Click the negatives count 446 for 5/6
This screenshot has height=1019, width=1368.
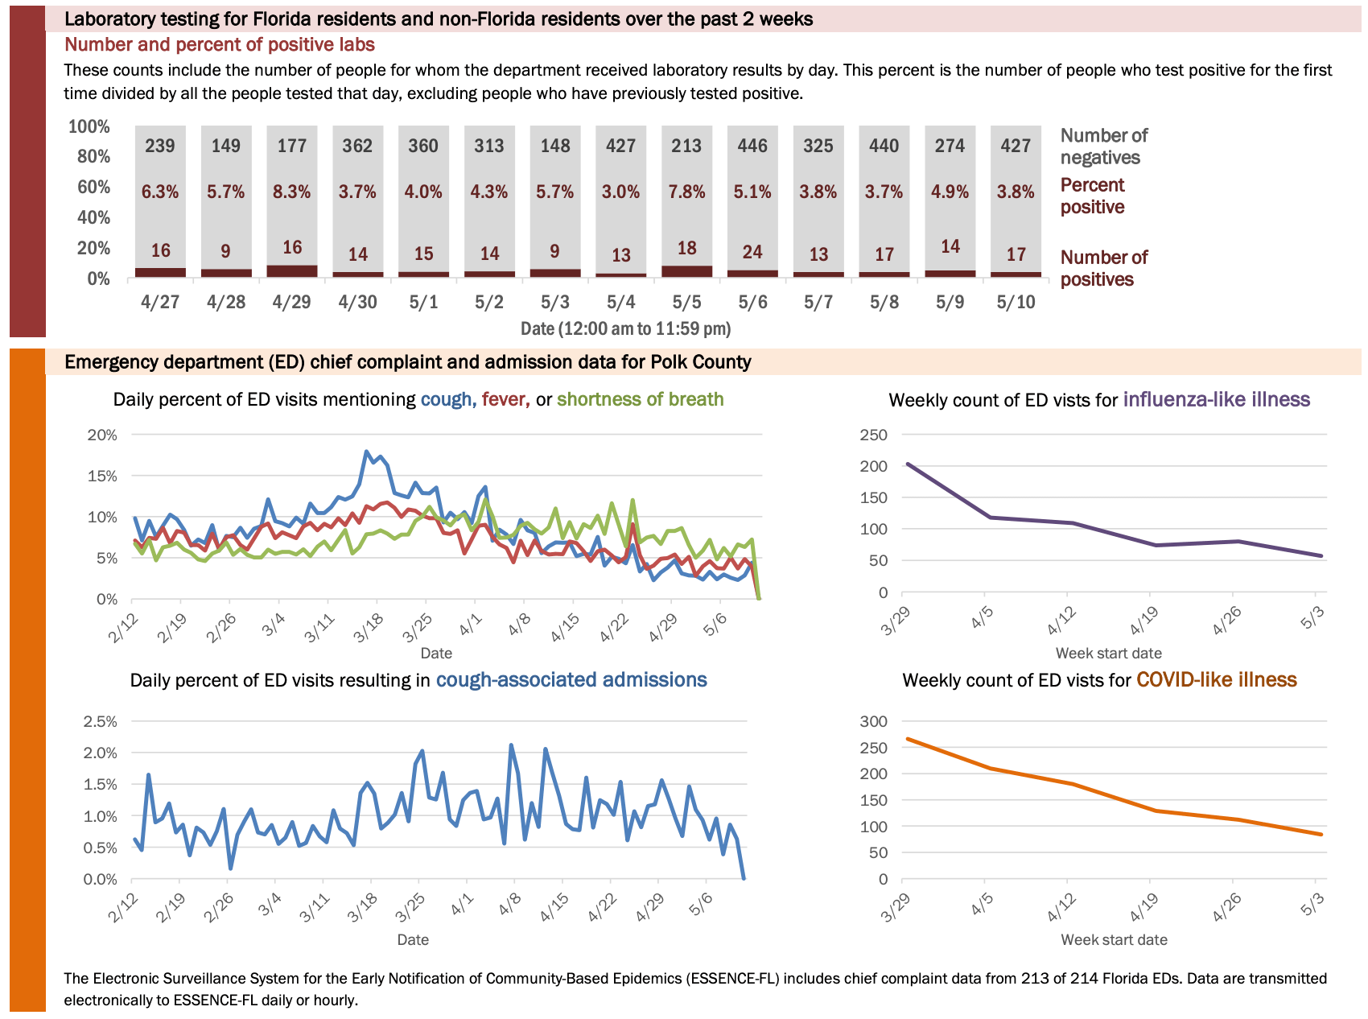(752, 146)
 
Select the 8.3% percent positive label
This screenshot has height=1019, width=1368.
(292, 192)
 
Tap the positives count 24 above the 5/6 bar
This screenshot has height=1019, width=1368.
(752, 252)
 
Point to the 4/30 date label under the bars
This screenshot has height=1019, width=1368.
(357, 302)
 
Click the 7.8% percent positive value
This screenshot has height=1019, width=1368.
(686, 192)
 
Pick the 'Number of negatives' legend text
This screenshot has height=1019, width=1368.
(1103, 146)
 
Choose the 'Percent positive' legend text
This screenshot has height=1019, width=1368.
(1092, 196)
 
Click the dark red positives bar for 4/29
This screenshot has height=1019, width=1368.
(292, 271)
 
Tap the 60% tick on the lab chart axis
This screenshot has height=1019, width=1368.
(93, 187)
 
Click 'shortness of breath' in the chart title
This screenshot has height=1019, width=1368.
(640, 399)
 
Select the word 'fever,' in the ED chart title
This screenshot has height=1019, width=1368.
(505, 399)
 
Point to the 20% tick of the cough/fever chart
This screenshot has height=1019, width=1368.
(102, 435)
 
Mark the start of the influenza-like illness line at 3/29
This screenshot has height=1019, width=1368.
(907, 464)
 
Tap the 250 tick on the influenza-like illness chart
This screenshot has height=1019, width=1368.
(873, 435)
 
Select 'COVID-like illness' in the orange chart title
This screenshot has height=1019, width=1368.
(1216, 680)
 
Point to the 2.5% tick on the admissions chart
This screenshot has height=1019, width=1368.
(100, 721)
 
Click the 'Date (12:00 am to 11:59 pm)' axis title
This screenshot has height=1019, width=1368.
(625, 328)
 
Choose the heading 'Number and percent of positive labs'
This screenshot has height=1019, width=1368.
(220, 44)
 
